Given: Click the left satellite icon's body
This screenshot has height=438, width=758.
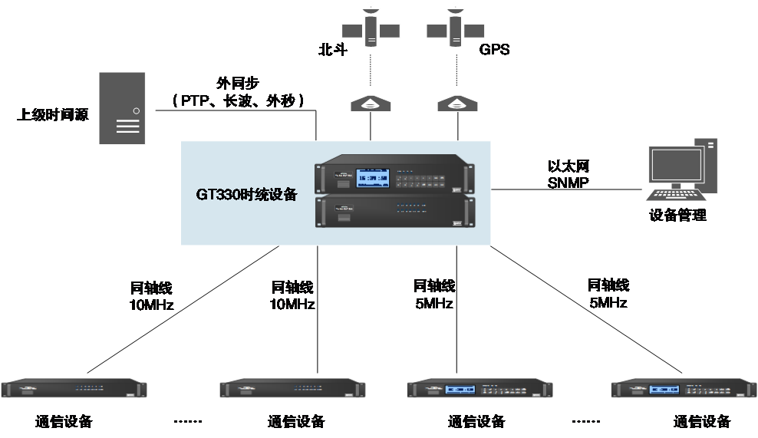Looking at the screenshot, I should [371, 31].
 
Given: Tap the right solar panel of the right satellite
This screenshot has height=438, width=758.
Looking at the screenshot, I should [474, 30].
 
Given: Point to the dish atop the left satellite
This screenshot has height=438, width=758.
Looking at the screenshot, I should [371, 8].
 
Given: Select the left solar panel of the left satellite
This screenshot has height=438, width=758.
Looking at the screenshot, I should [352, 30].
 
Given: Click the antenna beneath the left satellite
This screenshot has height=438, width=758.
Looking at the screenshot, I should [370, 104].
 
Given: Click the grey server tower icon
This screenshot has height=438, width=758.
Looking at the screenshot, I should [121, 107].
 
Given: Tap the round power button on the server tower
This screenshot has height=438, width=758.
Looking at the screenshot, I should [136, 110].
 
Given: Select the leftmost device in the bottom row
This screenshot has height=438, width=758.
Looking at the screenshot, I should [74, 389].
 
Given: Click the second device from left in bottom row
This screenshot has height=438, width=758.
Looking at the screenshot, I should [292, 389].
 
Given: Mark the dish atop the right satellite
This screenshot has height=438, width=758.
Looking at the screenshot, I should [456, 8].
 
